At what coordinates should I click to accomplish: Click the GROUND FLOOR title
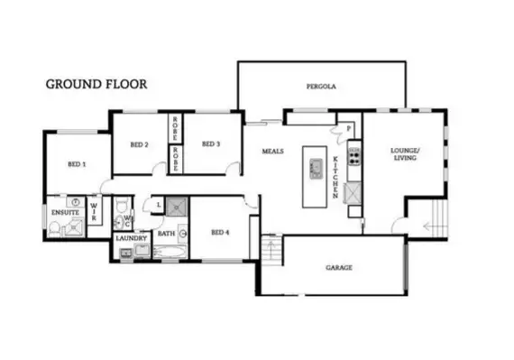[x=96, y=84]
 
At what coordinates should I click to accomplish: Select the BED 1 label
[x=77, y=164]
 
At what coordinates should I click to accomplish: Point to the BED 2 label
[x=139, y=144]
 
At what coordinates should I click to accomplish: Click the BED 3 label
[x=211, y=144]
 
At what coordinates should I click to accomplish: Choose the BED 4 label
[x=220, y=232]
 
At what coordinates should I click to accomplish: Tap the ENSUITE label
[x=64, y=212]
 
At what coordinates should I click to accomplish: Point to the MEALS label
[x=273, y=151]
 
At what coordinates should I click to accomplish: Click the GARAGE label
[x=339, y=268]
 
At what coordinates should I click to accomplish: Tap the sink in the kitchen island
[x=316, y=167]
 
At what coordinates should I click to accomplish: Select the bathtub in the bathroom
[x=169, y=249]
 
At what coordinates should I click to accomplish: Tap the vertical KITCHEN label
[x=335, y=175]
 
